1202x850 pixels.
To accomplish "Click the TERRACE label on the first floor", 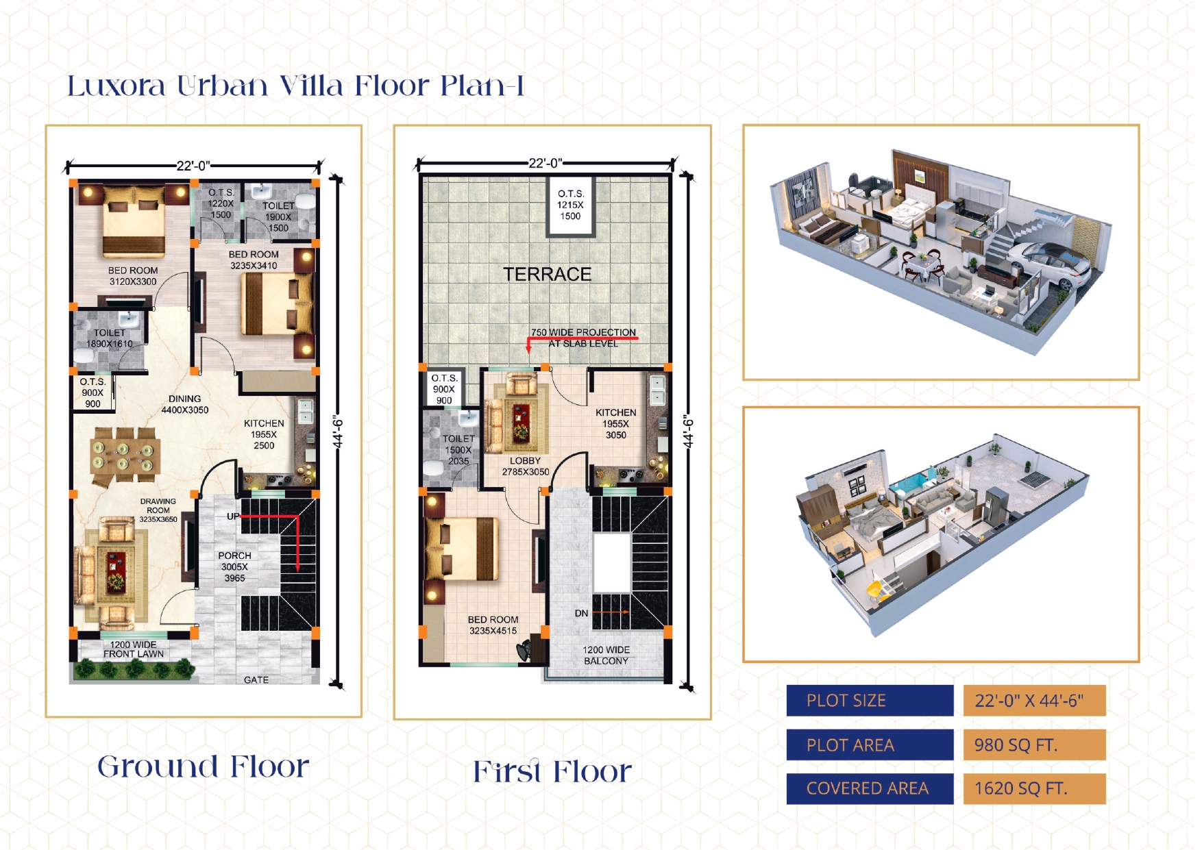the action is (x=547, y=274).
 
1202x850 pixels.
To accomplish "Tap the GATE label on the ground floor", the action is (x=256, y=679).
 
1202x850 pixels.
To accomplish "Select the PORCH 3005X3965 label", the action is (x=234, y=566).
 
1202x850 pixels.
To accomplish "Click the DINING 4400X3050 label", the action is (x=185, y=404).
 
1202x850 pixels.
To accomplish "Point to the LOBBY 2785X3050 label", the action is (x=526, y=466).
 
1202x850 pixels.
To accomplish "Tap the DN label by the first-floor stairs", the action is (x=581, y=613).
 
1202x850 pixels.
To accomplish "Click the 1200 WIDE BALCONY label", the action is (x=606, y=655).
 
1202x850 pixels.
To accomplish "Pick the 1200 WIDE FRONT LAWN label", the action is (x=134, y=649).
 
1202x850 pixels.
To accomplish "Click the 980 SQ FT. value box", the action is (x=1034, y=745).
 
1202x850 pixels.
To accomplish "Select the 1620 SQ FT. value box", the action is (x=1034, y=788).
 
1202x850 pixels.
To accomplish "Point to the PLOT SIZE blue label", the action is (x=870, y=700).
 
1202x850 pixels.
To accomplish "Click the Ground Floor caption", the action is (x=203, y=766).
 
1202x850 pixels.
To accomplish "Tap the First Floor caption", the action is (x=552, y=771).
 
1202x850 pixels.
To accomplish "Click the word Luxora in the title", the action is (x=116, y=86).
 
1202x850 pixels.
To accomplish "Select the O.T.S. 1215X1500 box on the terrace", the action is (x=571, y=205).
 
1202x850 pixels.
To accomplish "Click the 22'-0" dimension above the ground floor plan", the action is (x=193, y=166).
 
